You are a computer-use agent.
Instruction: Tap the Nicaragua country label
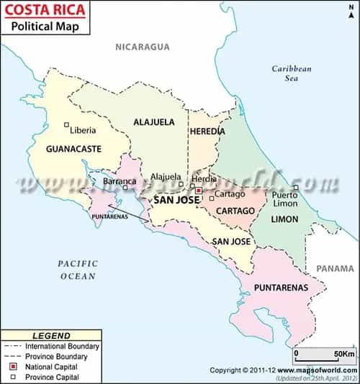143,47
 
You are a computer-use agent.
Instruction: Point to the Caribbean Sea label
291,73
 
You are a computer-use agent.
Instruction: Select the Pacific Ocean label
78,270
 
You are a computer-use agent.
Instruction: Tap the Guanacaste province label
73,149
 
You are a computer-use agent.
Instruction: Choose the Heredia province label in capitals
207,132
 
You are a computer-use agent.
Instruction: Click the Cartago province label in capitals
235,211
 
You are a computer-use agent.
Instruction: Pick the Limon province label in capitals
284,219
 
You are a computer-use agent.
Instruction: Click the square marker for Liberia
66,124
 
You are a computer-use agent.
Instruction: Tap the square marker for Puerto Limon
296,188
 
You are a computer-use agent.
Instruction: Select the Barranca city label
120,181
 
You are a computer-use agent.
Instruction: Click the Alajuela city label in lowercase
166,177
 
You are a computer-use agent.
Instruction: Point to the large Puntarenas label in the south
279,288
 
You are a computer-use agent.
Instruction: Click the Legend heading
52,336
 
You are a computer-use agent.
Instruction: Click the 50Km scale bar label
343,354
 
